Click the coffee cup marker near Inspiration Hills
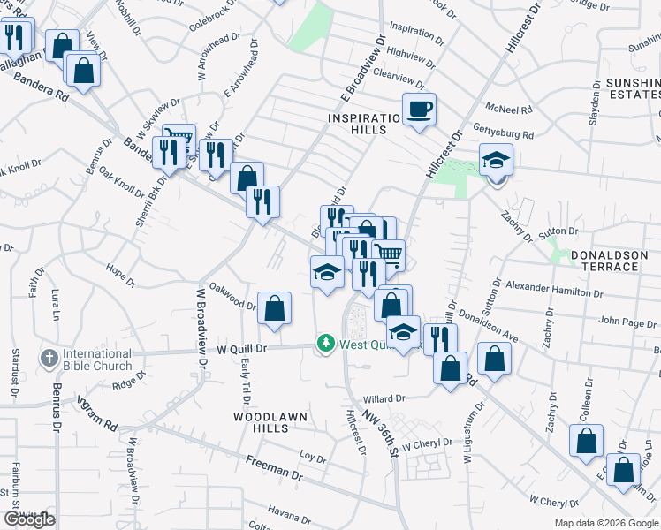[419, 109]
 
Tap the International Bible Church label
[97, 360]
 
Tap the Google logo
[29, 519]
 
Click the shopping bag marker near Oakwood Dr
[274, 309]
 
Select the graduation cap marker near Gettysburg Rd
[496, 161]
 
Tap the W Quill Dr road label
[242, 349]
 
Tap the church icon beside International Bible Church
[49, 359]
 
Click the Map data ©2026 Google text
[605, 523]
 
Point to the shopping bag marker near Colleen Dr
[586, 441]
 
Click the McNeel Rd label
[514, 110]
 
